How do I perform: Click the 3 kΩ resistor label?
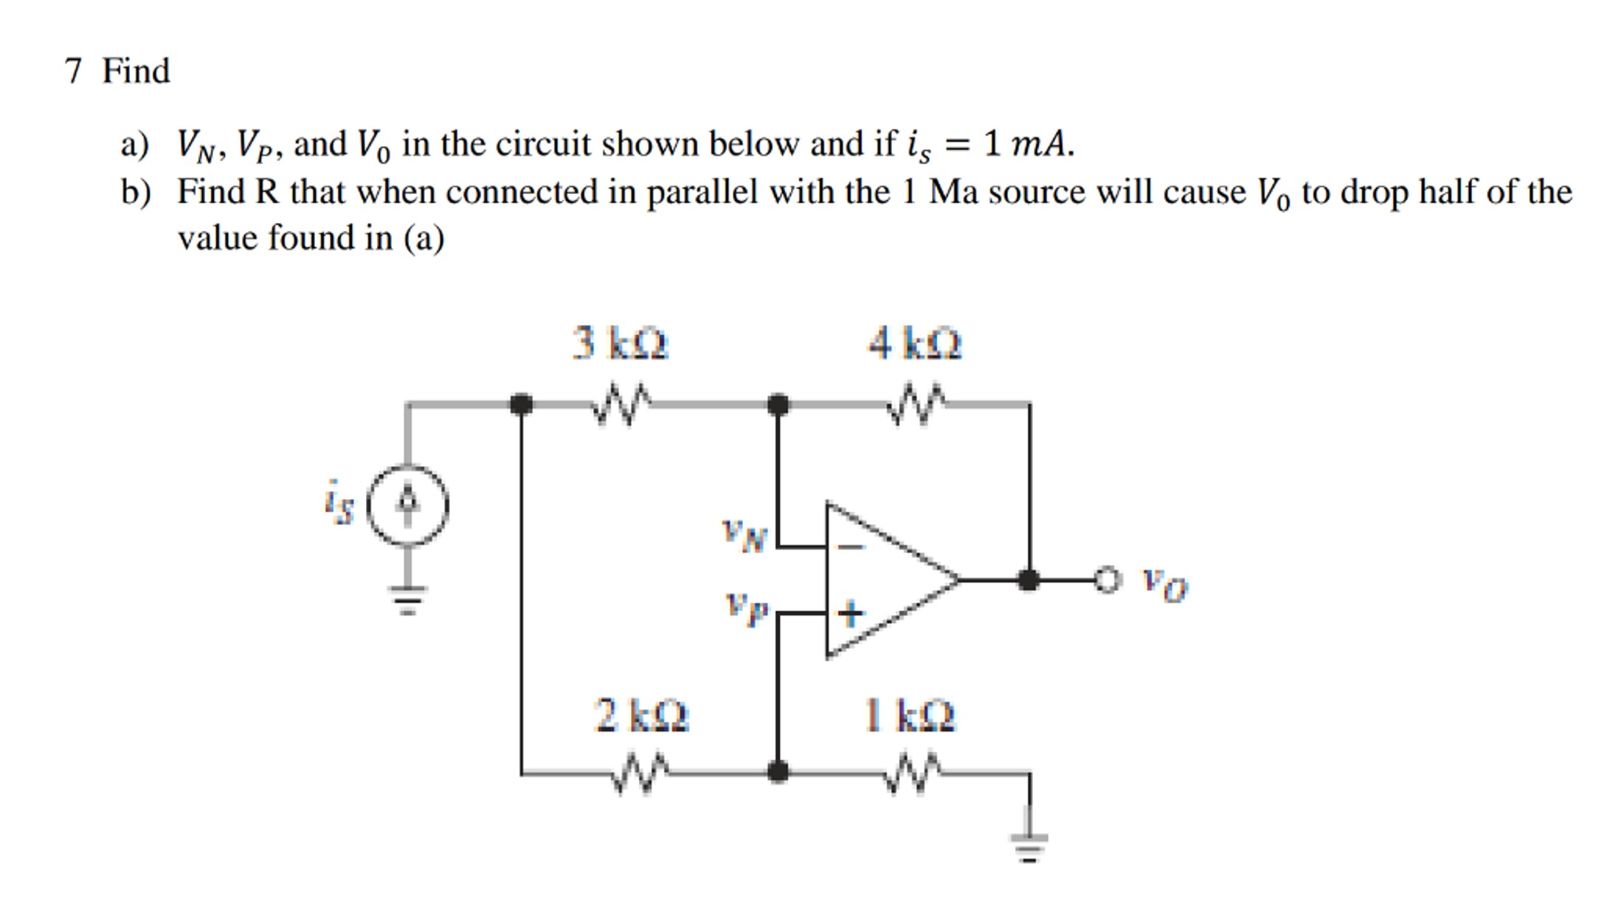tap(620, 343)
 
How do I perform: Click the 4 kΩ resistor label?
tap(915, 343)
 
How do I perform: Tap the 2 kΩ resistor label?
tap(641, 715)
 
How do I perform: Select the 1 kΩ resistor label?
tap(909, 715)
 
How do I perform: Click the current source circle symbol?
tap(408, 506)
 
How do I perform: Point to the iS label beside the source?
tap(339, 502)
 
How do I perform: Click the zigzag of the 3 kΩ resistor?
tap(621, 405)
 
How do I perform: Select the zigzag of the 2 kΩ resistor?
tap(640, 773)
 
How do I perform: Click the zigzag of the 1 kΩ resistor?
tap(913, 773)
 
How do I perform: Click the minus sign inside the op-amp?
tap(851, 547)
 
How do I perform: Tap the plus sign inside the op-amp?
tap(850, 613)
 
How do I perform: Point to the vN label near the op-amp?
tap(745, 535)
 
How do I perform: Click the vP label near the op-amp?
tap(747, 609)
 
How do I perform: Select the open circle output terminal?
tap(1107, 579)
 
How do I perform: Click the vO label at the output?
tap(1164, 585)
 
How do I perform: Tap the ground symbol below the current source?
tap(408, 599)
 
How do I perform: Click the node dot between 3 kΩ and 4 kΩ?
tap(778, 405)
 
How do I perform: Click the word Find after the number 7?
tap(136, 72)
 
